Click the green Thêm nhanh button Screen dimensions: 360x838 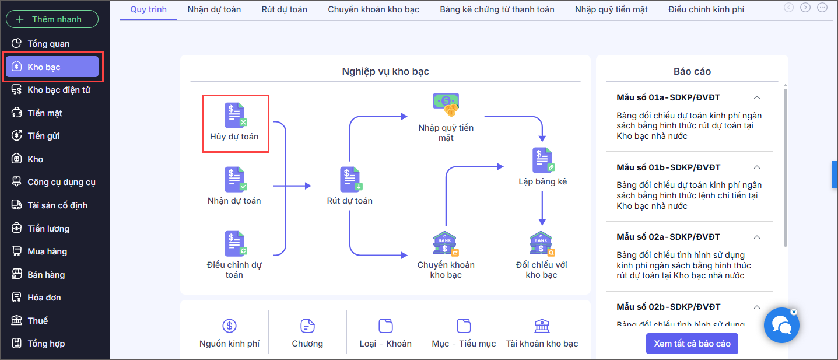point(52,19)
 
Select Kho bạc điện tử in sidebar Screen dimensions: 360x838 point(58,90)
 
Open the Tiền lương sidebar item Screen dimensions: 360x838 point(48,229)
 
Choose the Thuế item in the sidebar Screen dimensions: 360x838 point(37,321)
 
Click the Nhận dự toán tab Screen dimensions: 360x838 point(214,9)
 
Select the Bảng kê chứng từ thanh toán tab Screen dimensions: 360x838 point(497,9)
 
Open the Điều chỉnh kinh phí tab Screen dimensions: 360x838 point(706,9)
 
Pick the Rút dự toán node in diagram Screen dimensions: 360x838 point(350,180)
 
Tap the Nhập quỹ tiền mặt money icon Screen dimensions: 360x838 point(446,104)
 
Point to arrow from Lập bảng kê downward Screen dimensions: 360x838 point(542,207)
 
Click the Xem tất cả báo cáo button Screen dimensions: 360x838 point(692,344)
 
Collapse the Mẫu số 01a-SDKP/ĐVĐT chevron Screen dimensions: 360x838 point(757,97)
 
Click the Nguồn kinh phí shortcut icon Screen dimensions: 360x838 point(229,326)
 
